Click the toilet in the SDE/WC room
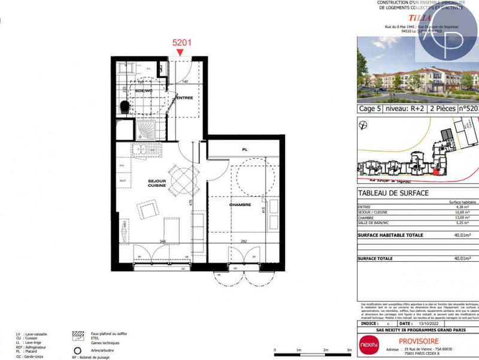pos(124,107)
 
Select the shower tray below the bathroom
pos(144,130)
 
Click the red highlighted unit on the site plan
pos(435,173)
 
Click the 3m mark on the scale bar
pos(348,350)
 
